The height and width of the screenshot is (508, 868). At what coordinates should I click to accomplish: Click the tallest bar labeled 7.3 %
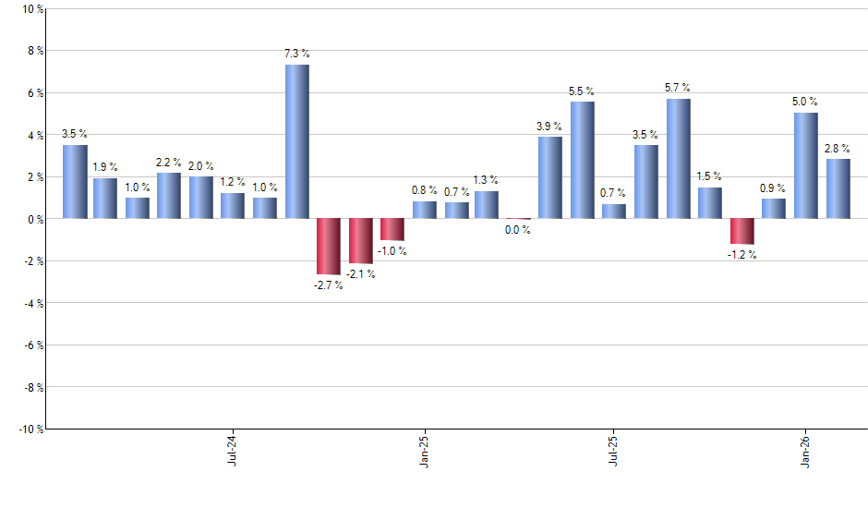297,141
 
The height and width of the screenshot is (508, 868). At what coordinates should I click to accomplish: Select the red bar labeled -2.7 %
329,247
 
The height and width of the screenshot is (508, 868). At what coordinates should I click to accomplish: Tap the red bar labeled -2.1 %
361,240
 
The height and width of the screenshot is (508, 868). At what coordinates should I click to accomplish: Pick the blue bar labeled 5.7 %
679,158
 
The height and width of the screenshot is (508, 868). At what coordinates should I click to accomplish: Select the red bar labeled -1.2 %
742,231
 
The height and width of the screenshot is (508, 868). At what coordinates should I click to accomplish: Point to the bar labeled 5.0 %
806,165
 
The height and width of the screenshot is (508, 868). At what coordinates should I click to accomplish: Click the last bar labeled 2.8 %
838,188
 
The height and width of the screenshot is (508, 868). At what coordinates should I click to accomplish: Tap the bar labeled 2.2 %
169,195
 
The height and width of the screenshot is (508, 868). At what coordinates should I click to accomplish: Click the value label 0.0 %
518,230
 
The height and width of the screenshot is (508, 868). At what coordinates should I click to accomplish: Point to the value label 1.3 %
486,180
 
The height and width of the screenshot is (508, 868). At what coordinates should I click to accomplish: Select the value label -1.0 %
392,250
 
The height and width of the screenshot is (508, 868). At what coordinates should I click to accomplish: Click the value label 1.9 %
105,167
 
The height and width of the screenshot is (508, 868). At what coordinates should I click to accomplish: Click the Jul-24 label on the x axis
231,449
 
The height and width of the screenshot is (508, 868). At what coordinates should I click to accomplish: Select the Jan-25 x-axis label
423,449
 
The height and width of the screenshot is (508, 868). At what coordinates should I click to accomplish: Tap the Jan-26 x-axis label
806,449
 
